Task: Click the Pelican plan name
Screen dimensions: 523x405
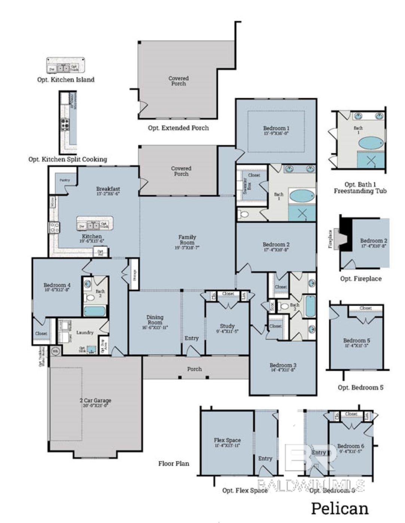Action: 339,508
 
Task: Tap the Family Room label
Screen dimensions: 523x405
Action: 187,239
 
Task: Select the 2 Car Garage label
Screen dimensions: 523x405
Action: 95,400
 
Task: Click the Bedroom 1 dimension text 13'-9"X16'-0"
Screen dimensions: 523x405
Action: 276,133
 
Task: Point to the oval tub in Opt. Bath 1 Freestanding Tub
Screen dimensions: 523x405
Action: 371,143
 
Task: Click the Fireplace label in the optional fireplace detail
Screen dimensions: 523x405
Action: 330,239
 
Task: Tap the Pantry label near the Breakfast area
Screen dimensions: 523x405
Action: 65,180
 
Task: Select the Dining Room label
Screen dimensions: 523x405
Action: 155,320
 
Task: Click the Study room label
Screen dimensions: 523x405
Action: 227,326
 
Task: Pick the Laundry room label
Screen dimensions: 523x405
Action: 85,332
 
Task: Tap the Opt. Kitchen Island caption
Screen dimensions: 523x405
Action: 66,80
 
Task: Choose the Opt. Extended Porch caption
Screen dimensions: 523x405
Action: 178,128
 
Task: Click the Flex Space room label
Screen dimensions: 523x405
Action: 227,440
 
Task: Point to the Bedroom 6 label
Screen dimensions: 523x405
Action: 351,446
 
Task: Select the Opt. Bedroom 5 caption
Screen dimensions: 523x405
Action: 360,387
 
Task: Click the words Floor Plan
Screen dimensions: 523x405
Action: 174,464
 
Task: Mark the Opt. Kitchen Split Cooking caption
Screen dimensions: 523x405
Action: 68,159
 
